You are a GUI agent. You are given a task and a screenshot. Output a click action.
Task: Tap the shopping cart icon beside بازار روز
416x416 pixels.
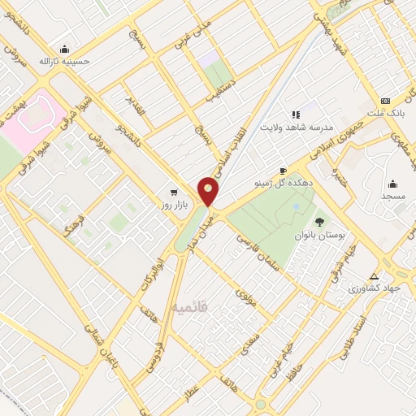pyautogui.click(x=174, y=193)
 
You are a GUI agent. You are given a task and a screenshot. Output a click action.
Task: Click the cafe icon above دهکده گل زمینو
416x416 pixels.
pyautogui.click(x=283, y=171)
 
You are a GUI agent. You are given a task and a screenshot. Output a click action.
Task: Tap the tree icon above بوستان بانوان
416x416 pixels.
pyautogui.click(x=318, y=220)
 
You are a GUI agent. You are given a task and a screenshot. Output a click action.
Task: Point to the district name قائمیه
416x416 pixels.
pyautogui.click(x=190, y=307)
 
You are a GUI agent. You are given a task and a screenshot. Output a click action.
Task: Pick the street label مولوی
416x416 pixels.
pyautogui.click(x=245, y=297)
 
